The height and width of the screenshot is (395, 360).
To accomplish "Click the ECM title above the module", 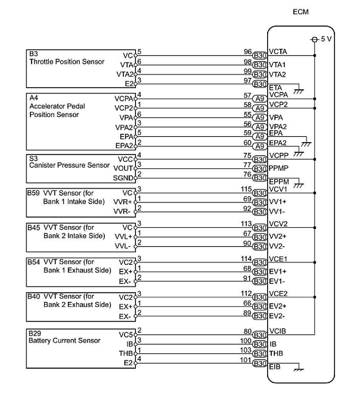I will (x=300, y=12).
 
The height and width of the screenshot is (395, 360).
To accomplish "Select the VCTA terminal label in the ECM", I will (x=278, y=52).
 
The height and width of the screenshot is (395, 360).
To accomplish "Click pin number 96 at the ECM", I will (x=248, y=52).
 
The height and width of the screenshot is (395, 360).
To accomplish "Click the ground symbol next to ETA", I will (x=299, y=91).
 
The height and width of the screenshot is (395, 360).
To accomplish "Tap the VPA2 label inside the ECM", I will (x=278, y=127).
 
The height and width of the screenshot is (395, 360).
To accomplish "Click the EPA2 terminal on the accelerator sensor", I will (x=124, y=146).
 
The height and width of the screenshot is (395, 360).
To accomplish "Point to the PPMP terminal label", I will (x=278, y=168).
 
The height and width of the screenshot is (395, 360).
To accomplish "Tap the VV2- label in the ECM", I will (x=277, y=246).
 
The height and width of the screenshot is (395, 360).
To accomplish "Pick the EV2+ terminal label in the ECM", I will (x=278, y=306).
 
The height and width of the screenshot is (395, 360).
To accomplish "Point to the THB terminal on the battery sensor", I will (x=126, y=353).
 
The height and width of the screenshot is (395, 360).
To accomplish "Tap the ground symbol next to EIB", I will (x=298, y=369).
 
